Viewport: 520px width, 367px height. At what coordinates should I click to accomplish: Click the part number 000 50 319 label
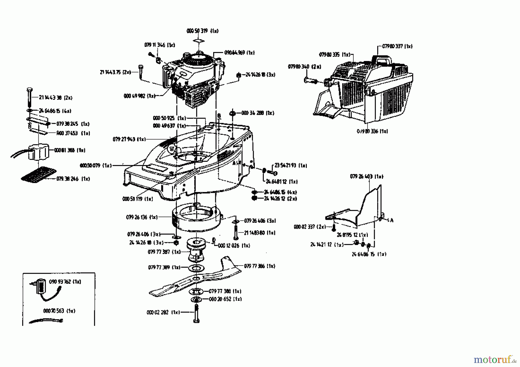pyautogui.click(x=202, y=31)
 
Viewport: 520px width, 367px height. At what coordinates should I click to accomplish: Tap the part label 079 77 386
pyautogui.click(x=259, y=266)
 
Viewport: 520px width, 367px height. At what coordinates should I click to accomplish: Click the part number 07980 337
pyautogui.click(x=397, y=46)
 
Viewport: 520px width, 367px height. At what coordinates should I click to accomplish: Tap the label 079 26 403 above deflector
pyautogui.click(x=367, y=176)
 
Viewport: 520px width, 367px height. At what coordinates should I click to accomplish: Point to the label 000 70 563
pyautogui.click(x=59, y=311)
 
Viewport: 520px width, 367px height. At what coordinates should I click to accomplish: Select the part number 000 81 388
pyautogui.click(x=70, y=150)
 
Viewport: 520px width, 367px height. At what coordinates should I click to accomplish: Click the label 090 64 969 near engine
pyautogui.click(x=239, y=53)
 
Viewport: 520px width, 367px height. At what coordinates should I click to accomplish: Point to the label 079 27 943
pyautogui.click(x=129, y=139)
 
